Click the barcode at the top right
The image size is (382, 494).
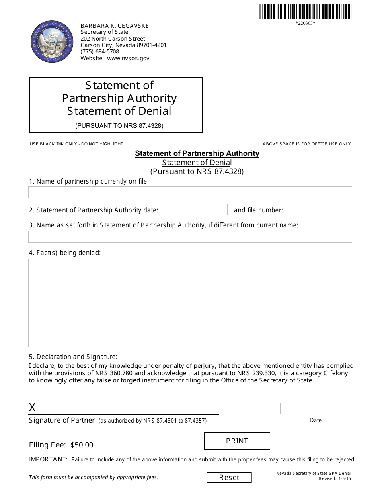pos(305,12)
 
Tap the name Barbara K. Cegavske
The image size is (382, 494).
pos(115,26)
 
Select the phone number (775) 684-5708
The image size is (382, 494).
pos(100,51)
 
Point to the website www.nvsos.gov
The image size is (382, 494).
pos(128,58)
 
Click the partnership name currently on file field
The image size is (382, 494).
pos(190,192)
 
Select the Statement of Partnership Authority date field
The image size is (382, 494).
pos(195,210)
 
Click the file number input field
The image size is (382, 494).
pos(319,210)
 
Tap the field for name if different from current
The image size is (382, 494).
pos(190,237)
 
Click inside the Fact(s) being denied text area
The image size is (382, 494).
pos(190,303)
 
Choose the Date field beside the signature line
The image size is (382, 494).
pos(316,408)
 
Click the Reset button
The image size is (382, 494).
pos(229,478)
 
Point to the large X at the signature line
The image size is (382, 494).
pos(32,408)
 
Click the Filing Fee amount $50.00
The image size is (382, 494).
pos(82,445)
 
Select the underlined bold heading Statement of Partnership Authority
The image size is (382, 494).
pos(197,153)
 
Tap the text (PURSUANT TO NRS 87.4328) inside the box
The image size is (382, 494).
pos(119,125)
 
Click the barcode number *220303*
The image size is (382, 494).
pos(305,23)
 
